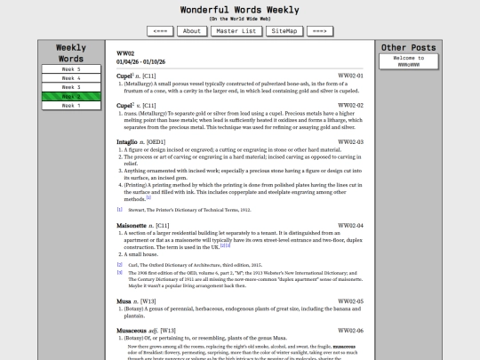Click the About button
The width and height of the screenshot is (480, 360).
tap(191, 31)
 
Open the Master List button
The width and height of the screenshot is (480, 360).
tap(236, 31)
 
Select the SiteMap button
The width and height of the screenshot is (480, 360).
tap(284, 31)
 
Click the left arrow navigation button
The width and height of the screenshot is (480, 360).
tap(160, 31)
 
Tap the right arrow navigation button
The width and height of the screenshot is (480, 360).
tap(319, 31)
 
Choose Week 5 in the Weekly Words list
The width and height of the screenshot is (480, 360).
tap(70, 68)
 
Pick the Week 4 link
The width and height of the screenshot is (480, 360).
tap(70, 78)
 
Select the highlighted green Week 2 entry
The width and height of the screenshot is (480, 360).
tap(70, 96)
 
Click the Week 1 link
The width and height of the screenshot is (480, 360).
tap(70, 105)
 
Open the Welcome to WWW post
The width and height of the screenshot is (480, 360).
tap(409, 61)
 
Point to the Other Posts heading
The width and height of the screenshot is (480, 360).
tap(409, 47)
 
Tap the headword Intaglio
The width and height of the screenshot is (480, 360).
tap(129, 141)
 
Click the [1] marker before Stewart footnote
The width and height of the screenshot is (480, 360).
tap(120, 210)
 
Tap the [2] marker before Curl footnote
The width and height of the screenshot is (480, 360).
tap(120, 264)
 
